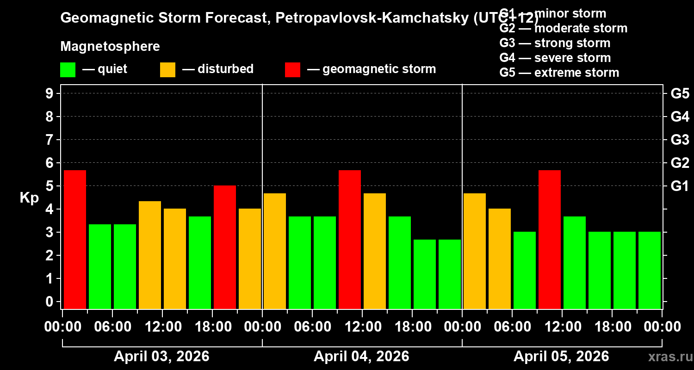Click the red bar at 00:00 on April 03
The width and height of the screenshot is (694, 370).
click(x=75, y=239)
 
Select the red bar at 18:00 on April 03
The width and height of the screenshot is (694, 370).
click(x=225, y=247)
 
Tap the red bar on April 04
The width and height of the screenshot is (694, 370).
click(x=350, y=239)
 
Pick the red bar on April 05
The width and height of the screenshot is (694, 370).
click(x=550, y=239)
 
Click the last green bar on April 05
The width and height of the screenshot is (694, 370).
click(x=650, y=270)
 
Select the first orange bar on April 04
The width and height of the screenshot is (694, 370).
click(x=275, y=251)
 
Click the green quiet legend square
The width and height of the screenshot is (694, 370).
click(x=68, y=70)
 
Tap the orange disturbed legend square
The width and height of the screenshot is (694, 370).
click(x=167, y=70)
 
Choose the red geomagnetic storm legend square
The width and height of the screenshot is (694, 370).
click(x=292, y=70)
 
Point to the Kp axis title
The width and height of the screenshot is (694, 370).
click(x=29, y=198)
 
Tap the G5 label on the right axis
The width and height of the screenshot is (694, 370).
click(x=680, y=93)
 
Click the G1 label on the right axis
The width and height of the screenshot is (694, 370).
click(x=680, y=186)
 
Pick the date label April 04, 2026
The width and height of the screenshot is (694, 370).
click(x=361, y=357)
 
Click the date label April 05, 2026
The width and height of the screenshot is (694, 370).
click(x=561, y=357)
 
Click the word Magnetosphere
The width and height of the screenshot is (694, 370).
click(x=110, y=47)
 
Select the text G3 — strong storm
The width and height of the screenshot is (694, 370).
click(x=555, y=43)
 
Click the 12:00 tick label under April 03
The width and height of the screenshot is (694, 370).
click(x=163, y=327)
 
